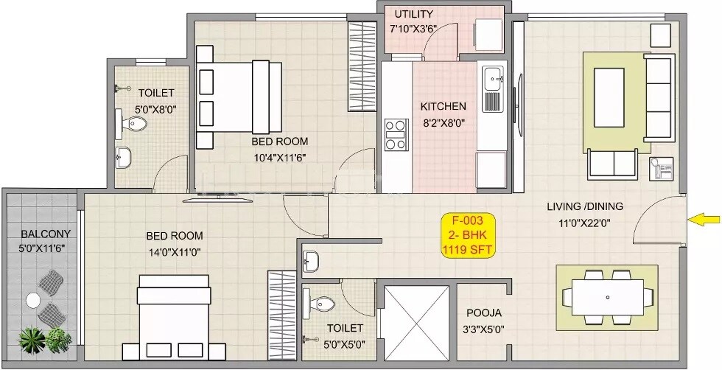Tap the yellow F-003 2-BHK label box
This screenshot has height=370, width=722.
[x=468, y=235]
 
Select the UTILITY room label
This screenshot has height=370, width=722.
[x=414, y=14]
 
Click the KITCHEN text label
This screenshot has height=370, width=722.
[x=443, y=106]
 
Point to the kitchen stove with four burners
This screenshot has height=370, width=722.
[x=396, y=134]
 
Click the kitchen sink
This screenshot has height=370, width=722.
[x=491, y=77]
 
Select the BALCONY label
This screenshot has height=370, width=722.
[x=46, y=234]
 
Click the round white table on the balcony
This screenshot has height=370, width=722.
[x=33, y=300]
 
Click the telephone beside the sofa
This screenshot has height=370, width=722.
[x=660, y=169]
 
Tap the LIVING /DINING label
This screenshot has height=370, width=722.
[x=585, y=206]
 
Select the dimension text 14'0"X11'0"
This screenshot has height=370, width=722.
[x=174, y=251]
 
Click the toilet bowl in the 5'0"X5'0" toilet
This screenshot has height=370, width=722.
[x=322, y=303]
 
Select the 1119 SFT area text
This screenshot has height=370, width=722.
[x=468, y=251]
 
